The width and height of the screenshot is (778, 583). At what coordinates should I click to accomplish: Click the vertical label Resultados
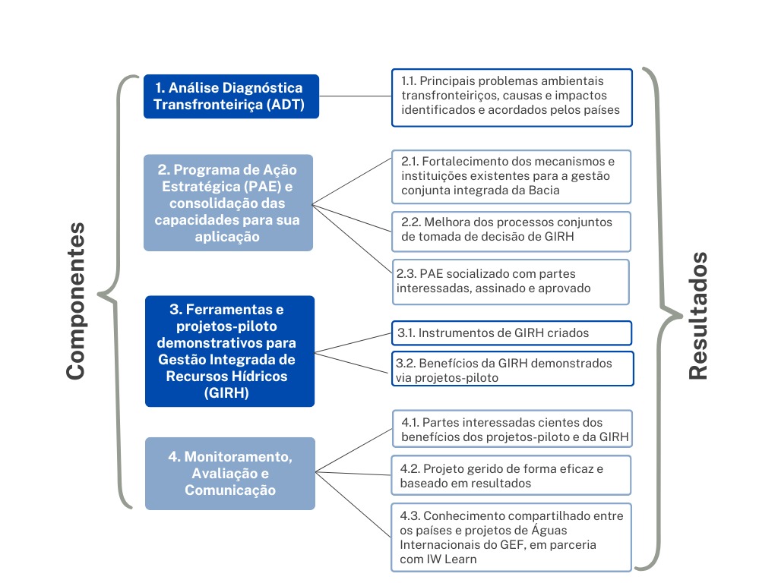coord(697,315)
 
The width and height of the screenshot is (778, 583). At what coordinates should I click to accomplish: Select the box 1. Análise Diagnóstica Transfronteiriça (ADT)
coord(231,96)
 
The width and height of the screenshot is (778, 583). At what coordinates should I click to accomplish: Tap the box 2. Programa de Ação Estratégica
coord(227,203)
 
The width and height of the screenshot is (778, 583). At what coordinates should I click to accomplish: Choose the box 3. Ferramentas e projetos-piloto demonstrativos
coord(229,351)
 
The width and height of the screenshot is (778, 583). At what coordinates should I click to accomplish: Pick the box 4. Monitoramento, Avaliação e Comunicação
coord(229,473)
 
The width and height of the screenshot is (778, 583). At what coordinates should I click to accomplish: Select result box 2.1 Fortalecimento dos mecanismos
coord(511,176)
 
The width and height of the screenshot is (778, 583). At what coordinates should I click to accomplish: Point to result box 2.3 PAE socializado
coord(511,281)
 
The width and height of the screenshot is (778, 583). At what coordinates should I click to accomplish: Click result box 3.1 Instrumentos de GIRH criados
coord(512,332)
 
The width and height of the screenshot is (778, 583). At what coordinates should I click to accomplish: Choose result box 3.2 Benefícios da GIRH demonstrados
coord(513,368)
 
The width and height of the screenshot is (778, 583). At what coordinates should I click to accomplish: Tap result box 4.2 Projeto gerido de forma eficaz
coord(511,476)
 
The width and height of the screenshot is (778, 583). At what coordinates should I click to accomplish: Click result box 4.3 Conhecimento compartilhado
coord(511,537)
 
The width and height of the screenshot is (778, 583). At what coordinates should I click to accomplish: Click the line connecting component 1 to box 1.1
coord(355,96)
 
